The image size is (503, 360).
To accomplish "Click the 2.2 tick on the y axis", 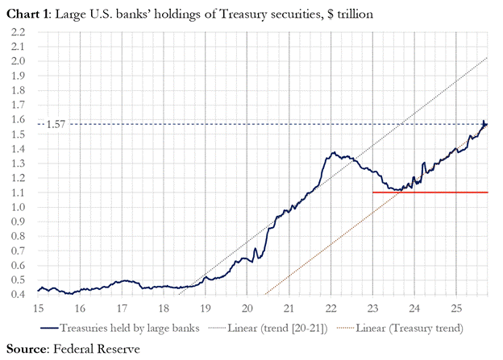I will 19,31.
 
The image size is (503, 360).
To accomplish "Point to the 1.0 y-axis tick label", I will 19,207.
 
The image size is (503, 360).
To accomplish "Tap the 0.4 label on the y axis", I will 19,295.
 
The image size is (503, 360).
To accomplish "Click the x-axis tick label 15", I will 38,308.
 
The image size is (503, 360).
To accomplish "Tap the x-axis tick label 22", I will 330,308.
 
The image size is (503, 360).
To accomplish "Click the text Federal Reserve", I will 89,349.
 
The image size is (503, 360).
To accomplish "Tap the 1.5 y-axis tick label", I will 19,134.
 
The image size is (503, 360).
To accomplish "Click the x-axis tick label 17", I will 121,308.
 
